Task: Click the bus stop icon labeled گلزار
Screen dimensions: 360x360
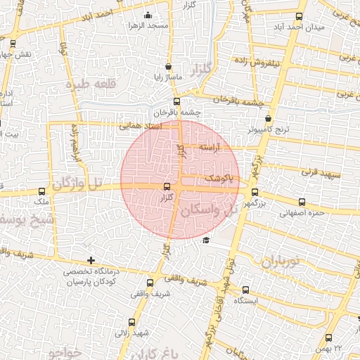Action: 167,186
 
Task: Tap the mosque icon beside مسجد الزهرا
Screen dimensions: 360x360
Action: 147,15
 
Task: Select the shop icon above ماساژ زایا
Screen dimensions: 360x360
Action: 167,67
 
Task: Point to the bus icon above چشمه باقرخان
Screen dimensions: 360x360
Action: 176,102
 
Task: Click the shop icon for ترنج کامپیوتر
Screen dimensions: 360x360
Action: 268,120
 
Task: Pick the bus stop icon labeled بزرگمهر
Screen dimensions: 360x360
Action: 255,191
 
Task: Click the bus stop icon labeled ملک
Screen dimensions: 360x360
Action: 41,191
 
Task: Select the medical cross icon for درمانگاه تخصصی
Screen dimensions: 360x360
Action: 91,261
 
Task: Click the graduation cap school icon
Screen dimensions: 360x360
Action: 205,240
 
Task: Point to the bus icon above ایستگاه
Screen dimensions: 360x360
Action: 245,290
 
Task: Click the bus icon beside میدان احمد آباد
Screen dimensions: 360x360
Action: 299,17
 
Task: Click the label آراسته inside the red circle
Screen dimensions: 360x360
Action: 209,148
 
